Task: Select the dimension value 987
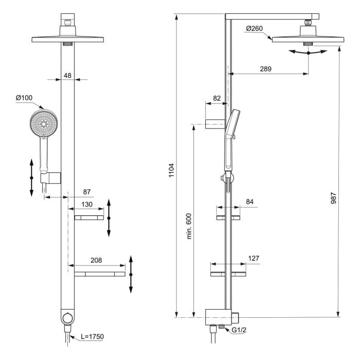tap(334, 198)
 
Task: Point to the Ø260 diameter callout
tap(256, 28)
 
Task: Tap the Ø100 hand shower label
tap(25, 98)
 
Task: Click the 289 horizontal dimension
tap(265, 68)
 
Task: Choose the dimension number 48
tap(67, 75)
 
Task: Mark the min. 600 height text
tap(189, 226)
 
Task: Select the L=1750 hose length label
tap(92, 337)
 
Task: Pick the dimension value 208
tap(96, 261)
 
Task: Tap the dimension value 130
tap(86, 205)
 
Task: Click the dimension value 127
tap(253, 259)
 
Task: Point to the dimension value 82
tap(217, 98)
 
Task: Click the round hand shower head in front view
tap(44, 124)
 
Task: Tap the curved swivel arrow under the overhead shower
tap(308, 51)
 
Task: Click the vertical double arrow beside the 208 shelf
tap(131, 274)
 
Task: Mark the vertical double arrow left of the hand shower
tap(31, 177)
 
